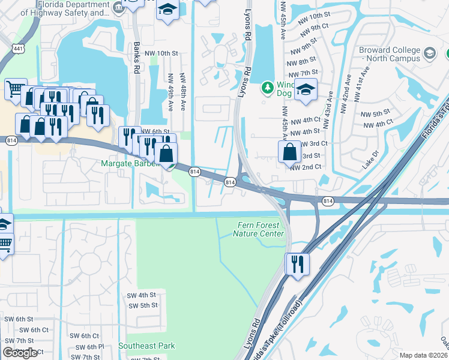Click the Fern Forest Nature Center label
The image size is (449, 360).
tap(258, 229)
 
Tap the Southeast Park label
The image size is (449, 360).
tap(146, 346)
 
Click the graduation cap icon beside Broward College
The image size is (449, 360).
tap(430, 54)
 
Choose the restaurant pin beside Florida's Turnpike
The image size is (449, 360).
tap(297, 263)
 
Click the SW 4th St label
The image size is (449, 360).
tap(141, 295)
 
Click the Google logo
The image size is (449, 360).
tap(20, 353)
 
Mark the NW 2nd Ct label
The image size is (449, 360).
tap(306, 167)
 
